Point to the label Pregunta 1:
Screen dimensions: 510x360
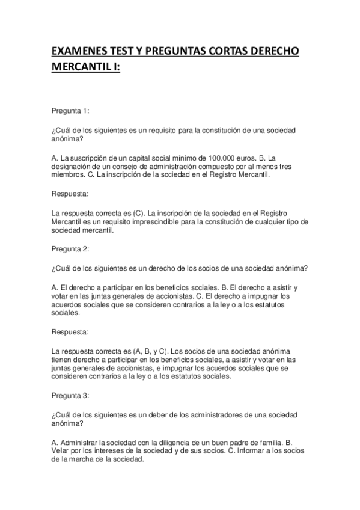71,110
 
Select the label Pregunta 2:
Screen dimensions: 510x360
71,249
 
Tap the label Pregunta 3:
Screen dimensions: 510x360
71,395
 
